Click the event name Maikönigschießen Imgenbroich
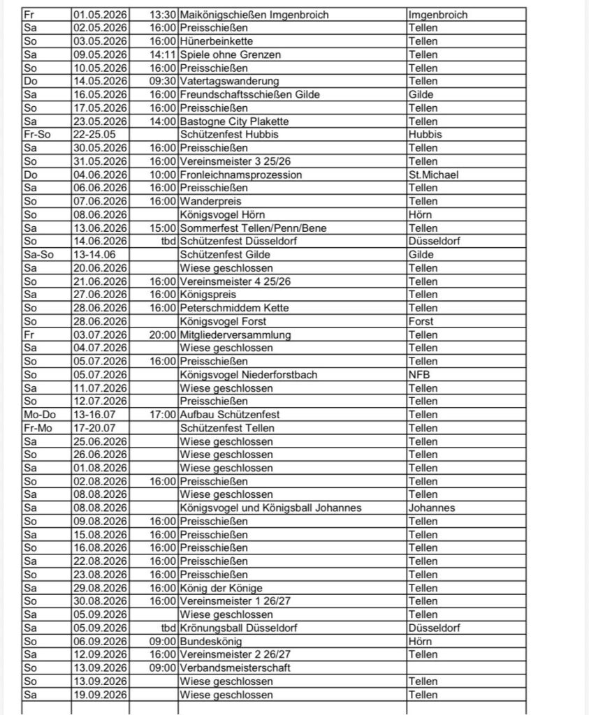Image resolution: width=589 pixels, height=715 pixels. click(x=254, y=15)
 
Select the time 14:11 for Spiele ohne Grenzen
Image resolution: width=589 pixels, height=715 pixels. click(x=162, y=54)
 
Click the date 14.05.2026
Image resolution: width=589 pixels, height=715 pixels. click(x=101, y=82)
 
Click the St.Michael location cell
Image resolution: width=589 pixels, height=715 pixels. click(x=433, y=175)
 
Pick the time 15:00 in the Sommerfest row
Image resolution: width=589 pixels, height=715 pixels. click(x=162, y=228)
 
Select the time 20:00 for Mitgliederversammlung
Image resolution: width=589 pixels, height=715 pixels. click(x=162, y=335)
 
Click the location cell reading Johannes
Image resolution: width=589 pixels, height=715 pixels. click(x=432, y=508)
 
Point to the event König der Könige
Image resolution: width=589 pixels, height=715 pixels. click(x=221, y=588)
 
